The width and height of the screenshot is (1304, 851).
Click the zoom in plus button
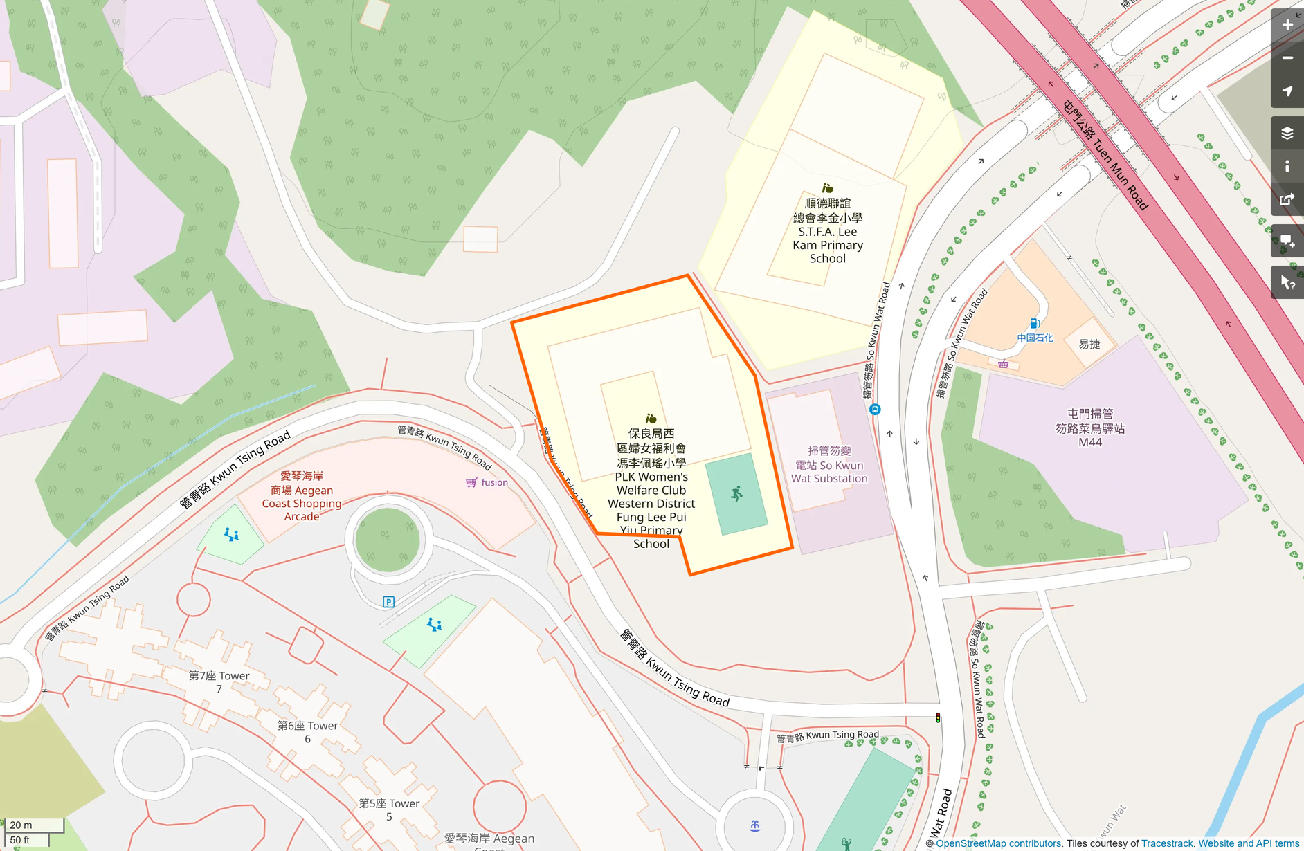pos(1287,25)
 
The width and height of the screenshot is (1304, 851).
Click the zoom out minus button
pos(1287,58)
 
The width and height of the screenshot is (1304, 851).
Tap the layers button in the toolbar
pos(1287,133)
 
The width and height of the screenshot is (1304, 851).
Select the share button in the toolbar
pos(1287,200)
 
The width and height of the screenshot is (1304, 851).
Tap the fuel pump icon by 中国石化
pos(1034,324)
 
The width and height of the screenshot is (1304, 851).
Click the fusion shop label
pos(494,482)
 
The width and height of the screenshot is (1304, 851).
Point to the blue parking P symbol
pos(388,602)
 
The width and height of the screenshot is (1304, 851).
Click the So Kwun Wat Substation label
pos(829,465)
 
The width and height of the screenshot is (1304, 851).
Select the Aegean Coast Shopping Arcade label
pos(302,496)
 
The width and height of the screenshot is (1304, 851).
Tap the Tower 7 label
pos(219,681)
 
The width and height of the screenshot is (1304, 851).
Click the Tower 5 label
pos(389,809)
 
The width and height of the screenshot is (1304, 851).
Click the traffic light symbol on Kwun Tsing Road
pos(938,718)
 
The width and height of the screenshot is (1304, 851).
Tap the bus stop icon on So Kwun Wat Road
pos(875,409)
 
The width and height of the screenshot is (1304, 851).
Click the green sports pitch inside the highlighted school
pos(736,494)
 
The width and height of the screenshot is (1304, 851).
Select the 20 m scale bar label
pos(21,825)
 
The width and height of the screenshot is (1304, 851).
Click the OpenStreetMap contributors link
pos(998,843)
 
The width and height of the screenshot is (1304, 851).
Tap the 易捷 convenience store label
pos(1089,344)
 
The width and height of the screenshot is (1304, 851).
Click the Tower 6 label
pos(307,731)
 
